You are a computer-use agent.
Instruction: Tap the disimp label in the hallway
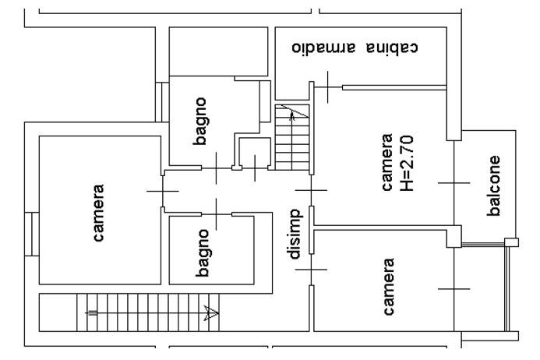coord(295,234)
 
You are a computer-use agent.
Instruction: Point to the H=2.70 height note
coord(408,164)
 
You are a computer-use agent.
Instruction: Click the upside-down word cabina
coord(393,48)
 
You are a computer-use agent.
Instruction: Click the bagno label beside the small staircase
coord(200,122)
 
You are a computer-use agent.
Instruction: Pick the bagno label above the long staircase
coord(202,253)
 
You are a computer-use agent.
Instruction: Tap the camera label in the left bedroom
coord(98,213)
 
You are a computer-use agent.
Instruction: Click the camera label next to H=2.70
coord(387,162)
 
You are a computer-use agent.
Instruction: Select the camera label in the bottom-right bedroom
coord(389,287)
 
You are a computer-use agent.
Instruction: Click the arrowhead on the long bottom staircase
coord(211,313)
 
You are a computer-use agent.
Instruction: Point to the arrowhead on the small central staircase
coord(292,115)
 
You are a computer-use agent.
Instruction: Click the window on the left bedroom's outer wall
coord(32,235)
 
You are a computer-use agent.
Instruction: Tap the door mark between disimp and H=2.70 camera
coord(311,190)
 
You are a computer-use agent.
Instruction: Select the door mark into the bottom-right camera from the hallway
coord(311,270)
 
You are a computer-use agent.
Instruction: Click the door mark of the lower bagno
coord(217,214)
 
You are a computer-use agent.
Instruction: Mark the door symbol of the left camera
coord(163,191)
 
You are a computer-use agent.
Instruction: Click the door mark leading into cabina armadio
coord(327,87)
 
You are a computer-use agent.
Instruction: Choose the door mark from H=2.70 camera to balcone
coord(454,183)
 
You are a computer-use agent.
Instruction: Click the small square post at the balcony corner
coord(511,242)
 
